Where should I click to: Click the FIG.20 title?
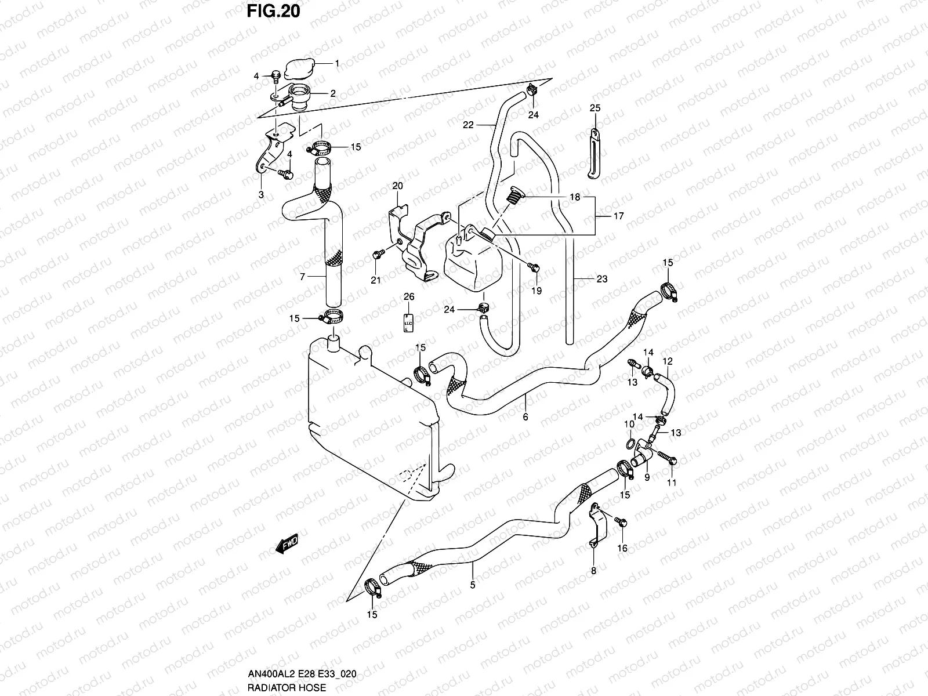274,11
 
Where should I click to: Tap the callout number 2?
333,93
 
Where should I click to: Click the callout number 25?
595,108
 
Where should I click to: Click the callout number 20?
397,186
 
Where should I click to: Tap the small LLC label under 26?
408,322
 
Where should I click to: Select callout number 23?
602,279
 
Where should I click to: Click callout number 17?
618,216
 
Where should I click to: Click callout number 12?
668,361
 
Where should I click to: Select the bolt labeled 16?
621,523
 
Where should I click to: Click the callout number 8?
593,571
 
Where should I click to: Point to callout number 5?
473,585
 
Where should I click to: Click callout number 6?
525,416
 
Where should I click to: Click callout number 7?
302,277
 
